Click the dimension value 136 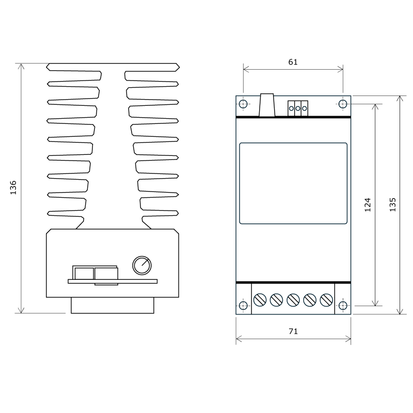(13, 187)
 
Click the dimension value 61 (293, 62)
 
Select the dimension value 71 (293, 331)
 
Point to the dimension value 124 (368, 204)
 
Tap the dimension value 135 (392, 204)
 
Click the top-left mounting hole (244, 104)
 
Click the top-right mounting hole (343, 104)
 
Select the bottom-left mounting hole (244, 306)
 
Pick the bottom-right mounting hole (343, 306)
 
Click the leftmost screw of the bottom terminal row (260, 299)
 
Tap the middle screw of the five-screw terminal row (293, 299)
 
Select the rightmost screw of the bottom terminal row (326, 299)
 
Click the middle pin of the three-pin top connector (298, 108)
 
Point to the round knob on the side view (142, 265)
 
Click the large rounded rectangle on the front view (293, 183)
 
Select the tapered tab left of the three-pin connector (267, 105)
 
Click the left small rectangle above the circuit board (84, 273)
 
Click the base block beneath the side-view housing (113, 305)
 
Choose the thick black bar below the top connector (293, 118)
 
